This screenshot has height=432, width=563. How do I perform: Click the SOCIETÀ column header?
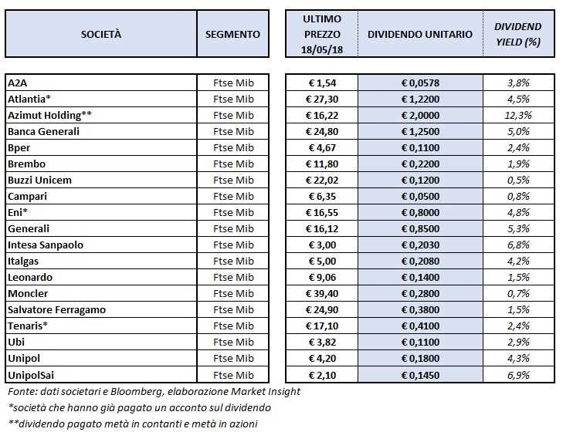click(x=101, y=35)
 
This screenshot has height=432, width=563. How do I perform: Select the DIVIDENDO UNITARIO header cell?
click(x=420, y=35)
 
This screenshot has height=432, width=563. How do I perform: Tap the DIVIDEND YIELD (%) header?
click(x=518, y=35)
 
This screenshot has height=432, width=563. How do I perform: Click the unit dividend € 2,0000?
click(x=420, y=115)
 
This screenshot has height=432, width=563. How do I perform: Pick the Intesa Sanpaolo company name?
click(x=46, y=245)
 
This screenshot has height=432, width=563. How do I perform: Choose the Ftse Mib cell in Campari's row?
click(x=233, y=196)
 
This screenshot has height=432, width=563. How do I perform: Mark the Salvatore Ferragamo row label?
click(x=56, y=309)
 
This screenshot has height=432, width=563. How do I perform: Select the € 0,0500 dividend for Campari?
click(x=420, y=196)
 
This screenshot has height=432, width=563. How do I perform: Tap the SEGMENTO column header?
click(x=233, y=35)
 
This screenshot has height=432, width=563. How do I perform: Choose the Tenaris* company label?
click(x=28, y=326)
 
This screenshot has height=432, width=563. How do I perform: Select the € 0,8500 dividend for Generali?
click(x=420, y=228)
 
